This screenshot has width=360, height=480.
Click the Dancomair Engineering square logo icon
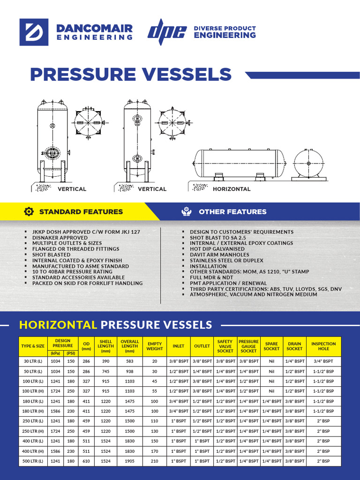point(34,32)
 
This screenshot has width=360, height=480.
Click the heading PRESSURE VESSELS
point(131,75)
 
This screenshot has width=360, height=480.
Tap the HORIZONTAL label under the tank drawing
point(232,189)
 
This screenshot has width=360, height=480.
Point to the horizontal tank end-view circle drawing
point(308,164)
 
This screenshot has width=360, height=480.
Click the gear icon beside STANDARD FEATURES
point(29,212)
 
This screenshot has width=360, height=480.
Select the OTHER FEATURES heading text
point(232,212)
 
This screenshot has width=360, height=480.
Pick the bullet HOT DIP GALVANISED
point(217,249)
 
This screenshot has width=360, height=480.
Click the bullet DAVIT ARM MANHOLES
point(219,255)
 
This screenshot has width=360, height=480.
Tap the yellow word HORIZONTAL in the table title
point(58,325)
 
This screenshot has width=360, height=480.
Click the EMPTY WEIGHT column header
point(155,346)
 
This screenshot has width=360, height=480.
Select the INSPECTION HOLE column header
point(323,346)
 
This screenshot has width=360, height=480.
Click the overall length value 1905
point(130,461)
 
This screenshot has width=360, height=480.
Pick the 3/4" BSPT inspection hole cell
point(323,361)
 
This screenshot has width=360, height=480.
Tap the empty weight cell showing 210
point(155,461)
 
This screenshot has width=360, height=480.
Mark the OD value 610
point(86,461)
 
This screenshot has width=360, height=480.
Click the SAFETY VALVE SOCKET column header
point(225,346)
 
